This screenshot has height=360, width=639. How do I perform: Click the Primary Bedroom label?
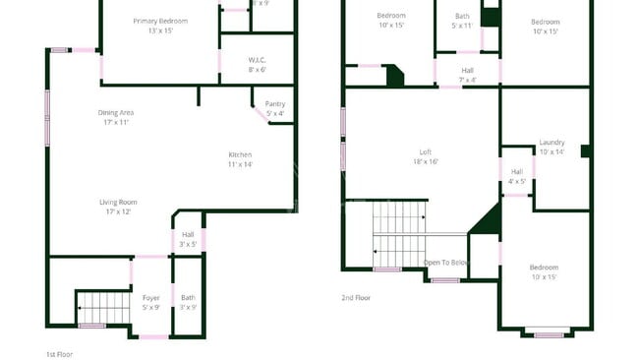coord(159,21)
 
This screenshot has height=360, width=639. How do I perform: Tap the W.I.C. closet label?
coord(257,60)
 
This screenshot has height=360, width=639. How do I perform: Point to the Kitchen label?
coord(240,154)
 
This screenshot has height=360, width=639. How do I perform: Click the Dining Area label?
coord(115,112)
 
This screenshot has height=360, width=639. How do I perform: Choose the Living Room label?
coord(115,203)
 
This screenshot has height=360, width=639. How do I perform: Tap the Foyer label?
coord(150,297)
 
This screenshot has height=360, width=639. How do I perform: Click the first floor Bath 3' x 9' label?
coord(188,297)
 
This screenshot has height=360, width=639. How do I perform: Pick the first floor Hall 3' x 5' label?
coord(188,235)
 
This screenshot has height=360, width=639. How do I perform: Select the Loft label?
coord(425,151)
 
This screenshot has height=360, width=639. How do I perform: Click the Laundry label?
coord(552,143)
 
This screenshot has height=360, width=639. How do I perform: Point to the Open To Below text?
coord(446,263)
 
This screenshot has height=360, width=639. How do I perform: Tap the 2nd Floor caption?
coord(356,297)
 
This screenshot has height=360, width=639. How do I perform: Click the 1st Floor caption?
coord(59,353)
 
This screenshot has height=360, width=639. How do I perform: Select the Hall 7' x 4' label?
coord(468,70)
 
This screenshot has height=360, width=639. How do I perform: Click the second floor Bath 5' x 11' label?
coord(462,17)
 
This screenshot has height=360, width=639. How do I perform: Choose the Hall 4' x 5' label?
coord(516,171)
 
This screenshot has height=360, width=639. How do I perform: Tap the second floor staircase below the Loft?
coord(400,233)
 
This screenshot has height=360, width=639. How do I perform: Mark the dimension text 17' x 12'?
coord(115,211)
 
